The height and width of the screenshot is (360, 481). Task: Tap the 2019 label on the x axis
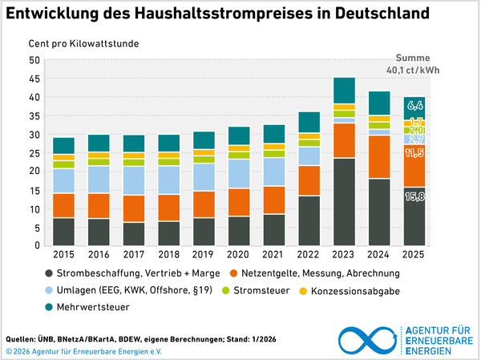point(204,256)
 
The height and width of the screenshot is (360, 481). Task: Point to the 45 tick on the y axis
point(33,79)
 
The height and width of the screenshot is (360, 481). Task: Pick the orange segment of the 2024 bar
point(379,157)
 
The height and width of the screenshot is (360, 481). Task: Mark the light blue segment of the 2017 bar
point(134,180)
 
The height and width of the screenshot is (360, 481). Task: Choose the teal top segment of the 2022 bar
point(309,122)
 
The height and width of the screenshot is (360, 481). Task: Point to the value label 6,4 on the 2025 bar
point(414,105)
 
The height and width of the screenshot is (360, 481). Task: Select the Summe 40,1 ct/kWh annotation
point(414,64)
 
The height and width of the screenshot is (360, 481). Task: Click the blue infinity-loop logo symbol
point(369,339)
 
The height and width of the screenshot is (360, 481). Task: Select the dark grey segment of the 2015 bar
point(64,231)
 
